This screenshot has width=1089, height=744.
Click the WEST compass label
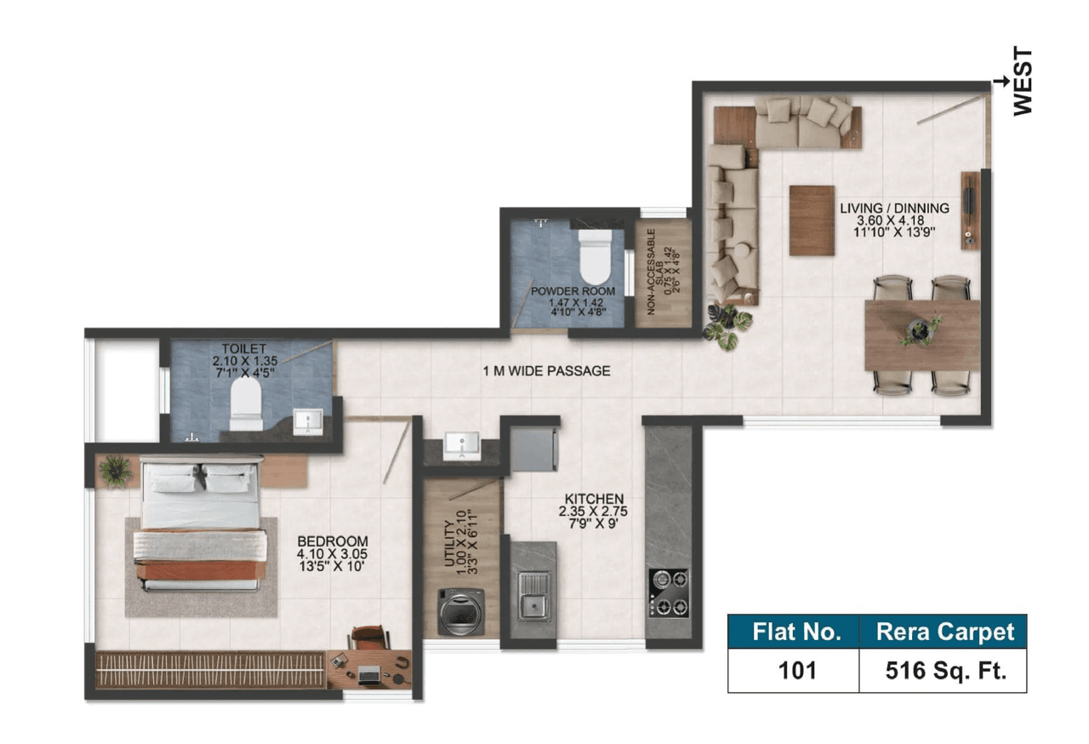click(x=1023, y=82)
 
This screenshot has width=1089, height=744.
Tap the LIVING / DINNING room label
click(x=895, y=219)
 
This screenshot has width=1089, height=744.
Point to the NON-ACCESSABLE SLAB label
click(x=662, y=272)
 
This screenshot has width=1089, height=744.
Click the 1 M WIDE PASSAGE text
click(x=547, y=371)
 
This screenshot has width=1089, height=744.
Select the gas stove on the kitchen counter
click(x=670, y=592)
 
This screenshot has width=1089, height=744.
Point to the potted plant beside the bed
click(x=115, y=470)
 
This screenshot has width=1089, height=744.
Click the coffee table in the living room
click(x=812, y=220)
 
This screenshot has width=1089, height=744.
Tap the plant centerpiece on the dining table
click(x=919, y=329)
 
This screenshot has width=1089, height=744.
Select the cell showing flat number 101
click(x=796, y=670)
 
